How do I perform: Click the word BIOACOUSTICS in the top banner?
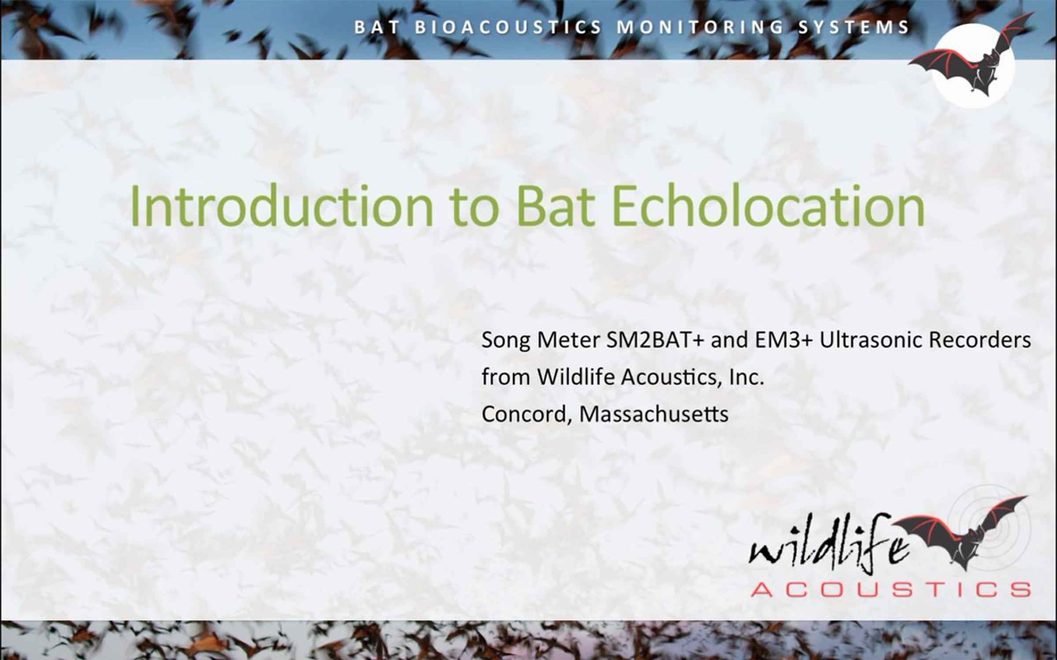[x=508, y=27]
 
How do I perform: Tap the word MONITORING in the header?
[x=700, y=27]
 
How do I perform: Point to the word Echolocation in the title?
[x=768, y=206]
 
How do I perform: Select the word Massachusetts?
[x=654, y=414]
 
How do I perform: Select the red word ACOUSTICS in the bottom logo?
[x=890, y=589]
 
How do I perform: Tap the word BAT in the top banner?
[x=377, y=27]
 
